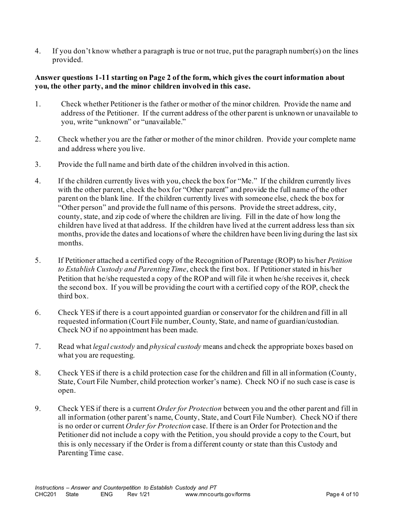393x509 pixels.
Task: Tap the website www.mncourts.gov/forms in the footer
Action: pos(218,494)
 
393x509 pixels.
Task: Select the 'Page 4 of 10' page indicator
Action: pos(342,494)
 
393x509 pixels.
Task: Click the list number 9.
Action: pos(38,409)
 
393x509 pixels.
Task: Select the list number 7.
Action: pos(38,347)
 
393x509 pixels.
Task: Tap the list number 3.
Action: pos(38,165)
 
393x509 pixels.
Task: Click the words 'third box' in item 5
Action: pos(73,296)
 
